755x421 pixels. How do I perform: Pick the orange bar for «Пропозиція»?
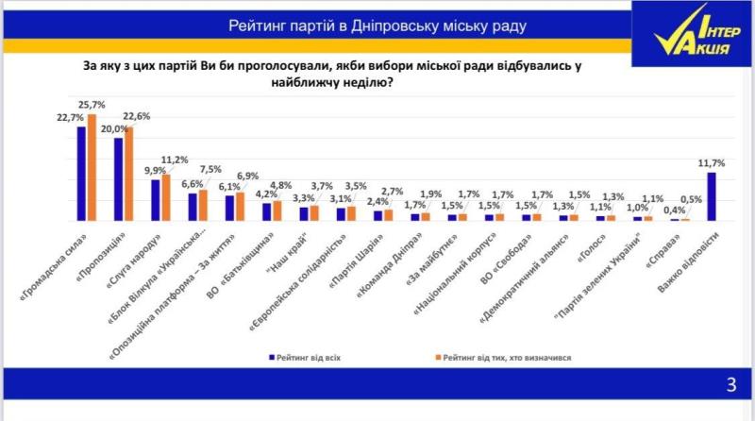click(129, 173)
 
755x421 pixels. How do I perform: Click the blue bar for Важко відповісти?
click(711, 196)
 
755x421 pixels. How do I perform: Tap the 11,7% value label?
click(711, 162)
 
